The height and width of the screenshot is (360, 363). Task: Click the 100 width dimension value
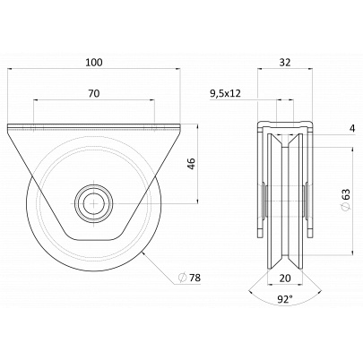[x=94, y=63]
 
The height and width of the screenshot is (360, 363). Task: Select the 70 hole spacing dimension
[x=94, y=93]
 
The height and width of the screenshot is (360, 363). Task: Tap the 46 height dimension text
[x=192, y=164]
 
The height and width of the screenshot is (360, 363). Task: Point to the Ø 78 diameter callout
[x=189, y=278]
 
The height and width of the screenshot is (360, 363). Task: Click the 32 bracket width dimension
[x=285, y=63]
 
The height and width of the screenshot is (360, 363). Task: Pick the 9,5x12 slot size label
[x=226, y=94]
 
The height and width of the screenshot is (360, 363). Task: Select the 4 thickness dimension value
[x=352, y=129]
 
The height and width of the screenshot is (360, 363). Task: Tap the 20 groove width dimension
[x=285, y=279]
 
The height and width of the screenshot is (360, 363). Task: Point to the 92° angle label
[x=285, y=299]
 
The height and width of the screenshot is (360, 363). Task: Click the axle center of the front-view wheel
[x=94, y=203]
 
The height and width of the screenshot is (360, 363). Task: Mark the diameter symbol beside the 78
[x=182, y=278]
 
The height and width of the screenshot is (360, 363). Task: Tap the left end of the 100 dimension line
[x=7, y=69]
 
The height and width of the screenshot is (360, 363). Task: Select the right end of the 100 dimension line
[x=180, y=69]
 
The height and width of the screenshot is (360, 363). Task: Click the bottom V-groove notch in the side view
[x=285, y=257]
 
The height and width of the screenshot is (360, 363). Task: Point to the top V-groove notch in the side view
[x=285, y=142]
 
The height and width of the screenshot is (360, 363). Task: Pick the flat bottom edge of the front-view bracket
[x=94, y=240]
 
